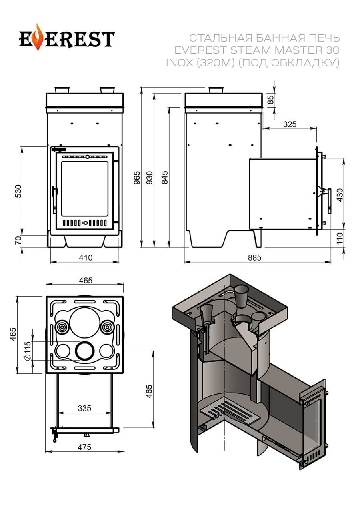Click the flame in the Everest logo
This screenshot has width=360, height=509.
[x=38, y=38]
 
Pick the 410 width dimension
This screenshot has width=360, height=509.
[x=85, y=258]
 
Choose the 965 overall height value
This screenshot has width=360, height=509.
[x=137, y=176]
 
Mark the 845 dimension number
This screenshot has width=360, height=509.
[x=164, y=177]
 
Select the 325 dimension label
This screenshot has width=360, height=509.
[x=290, y=124]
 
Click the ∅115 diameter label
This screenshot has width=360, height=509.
[x=28, y=351]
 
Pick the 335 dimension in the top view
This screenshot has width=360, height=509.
[x=84, y=408]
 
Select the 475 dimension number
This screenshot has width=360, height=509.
[x=84, y=447]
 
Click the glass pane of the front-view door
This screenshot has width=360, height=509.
[x=84, y=189]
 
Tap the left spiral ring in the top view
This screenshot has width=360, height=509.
[x=62, y=328]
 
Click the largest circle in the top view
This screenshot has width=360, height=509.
[x=85, y=323]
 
